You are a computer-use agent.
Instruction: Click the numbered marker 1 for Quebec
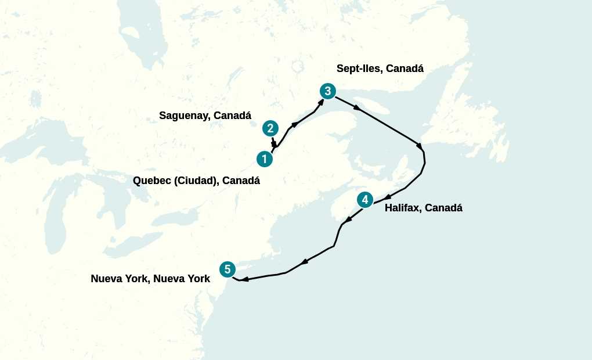click(x=265, y=159)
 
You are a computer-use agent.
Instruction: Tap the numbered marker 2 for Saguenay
click(x=270, y=128)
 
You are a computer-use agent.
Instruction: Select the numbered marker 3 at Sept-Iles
click(x=328, y=91)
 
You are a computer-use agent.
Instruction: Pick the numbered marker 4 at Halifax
click(x=364, y=200)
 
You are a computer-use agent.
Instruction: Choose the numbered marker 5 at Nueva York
click(x=228, y=269)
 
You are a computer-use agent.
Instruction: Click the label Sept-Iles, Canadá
click(x=380, y=69)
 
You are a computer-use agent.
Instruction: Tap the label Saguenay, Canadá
click(x=205, y=116)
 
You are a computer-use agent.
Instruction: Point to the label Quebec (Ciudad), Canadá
click(x=196, y=181)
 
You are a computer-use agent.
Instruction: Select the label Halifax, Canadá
click(x=423, y=208)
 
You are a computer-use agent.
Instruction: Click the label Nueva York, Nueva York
click(x=150, y=279)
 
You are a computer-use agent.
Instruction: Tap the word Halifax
click(x=401, y=208)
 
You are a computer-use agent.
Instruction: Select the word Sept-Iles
click(x=359, y=69)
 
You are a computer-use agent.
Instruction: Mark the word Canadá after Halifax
click(x=444, y=208)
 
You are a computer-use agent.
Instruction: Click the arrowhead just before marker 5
click(x=245, y=279)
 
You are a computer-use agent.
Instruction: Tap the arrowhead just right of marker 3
click(x=357, y=108)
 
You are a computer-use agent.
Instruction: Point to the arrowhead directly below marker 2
click(x=274, y=143)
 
